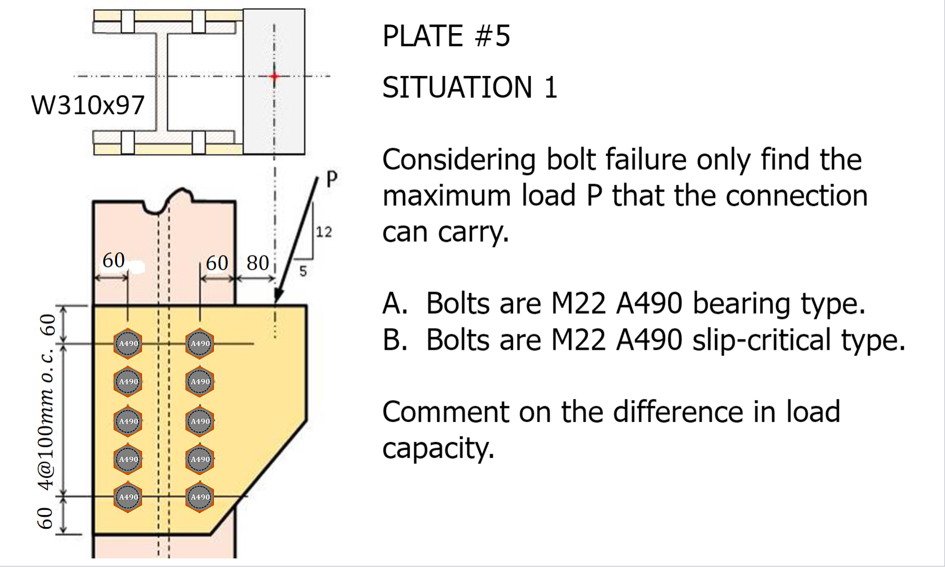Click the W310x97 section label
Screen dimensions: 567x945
88,105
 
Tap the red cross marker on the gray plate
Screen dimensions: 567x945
274,76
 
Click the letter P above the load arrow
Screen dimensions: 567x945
332,179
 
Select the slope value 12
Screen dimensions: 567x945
324,232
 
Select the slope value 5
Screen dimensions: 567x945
303,271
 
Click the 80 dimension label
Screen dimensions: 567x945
257,263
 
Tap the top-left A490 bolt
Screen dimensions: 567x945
128,343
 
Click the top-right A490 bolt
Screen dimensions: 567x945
200,343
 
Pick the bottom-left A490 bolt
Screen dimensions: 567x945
128,497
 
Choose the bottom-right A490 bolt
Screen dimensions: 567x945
200,497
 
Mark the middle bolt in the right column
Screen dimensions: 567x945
200,422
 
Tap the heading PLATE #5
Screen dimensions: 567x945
446,36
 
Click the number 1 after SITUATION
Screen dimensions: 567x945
550,88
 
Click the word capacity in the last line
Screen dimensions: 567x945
438,448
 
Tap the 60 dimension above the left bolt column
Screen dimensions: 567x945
114,260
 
